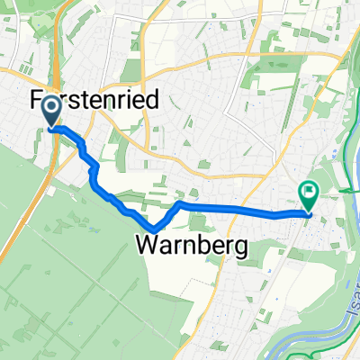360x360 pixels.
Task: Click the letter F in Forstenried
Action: (x=37, y=99)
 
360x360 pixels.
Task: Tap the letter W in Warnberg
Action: (x=148, y=244)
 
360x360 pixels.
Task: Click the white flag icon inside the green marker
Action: (x=309, y=190)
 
